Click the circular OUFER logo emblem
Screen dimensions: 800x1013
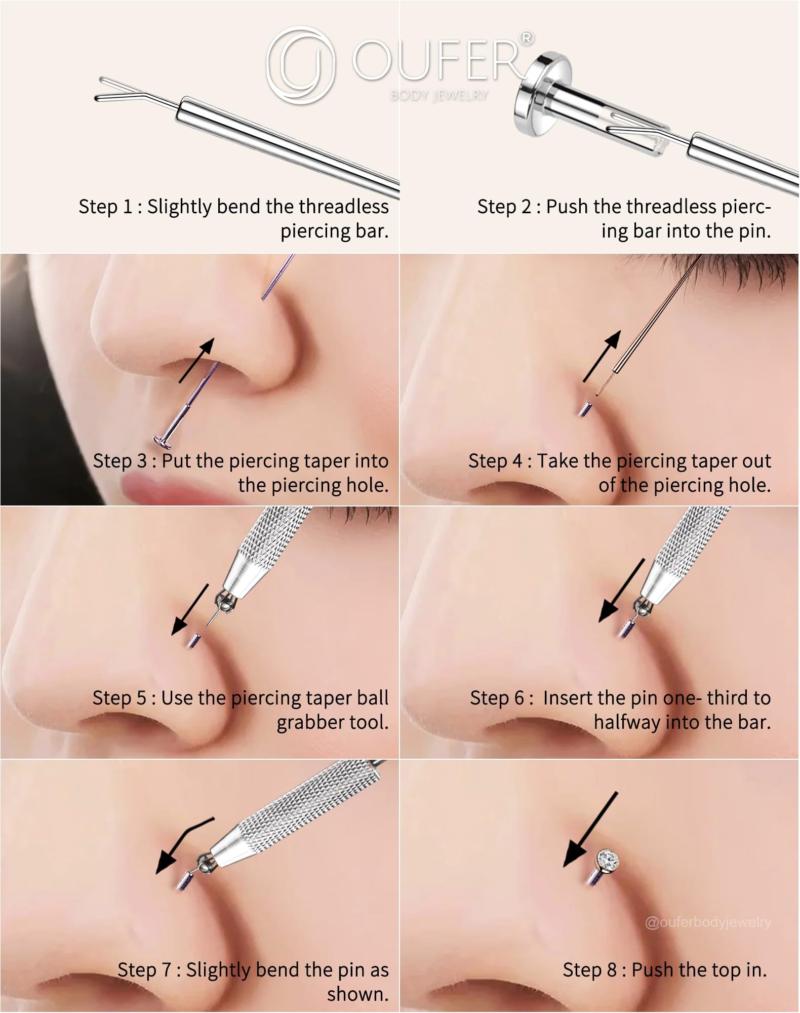(301, 65)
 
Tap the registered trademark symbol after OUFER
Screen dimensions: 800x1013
(527, 38)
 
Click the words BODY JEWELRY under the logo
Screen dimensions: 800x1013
(439, 95)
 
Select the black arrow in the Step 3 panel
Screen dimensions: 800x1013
(196, 360)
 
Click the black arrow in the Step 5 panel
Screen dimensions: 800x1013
(190, 609)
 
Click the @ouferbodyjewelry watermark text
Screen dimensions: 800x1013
(708, 922)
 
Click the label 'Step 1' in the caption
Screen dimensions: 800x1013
(105, 207)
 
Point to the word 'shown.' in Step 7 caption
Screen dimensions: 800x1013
(358, 994)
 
